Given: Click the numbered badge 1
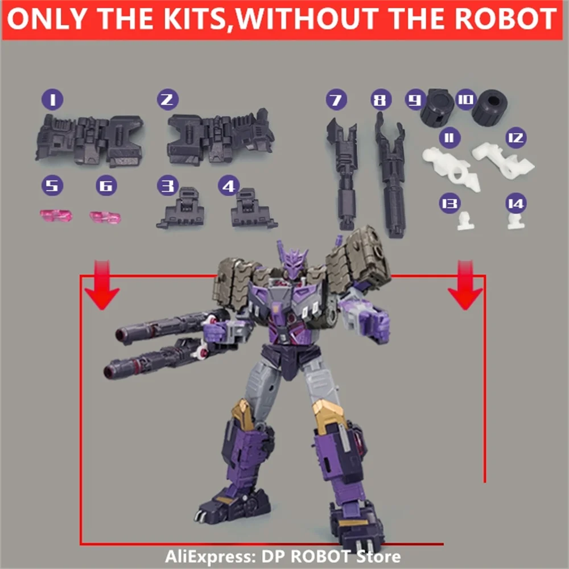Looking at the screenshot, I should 52,101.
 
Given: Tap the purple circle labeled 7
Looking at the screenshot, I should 336,101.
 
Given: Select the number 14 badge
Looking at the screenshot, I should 517,203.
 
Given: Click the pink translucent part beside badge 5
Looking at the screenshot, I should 56,216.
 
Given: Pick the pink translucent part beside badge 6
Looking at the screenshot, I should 105,217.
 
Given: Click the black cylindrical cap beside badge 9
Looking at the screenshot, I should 437,106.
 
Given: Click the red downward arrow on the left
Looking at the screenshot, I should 101,284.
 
